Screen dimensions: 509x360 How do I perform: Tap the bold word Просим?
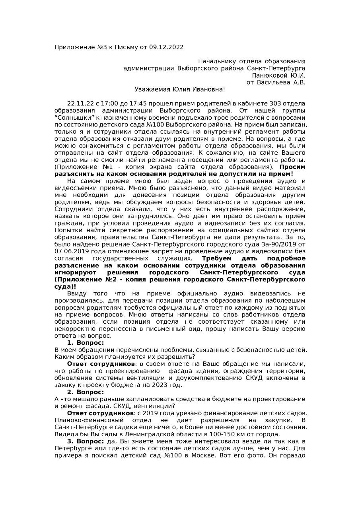point(292,167)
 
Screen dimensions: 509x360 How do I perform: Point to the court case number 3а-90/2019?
point(281,244)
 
